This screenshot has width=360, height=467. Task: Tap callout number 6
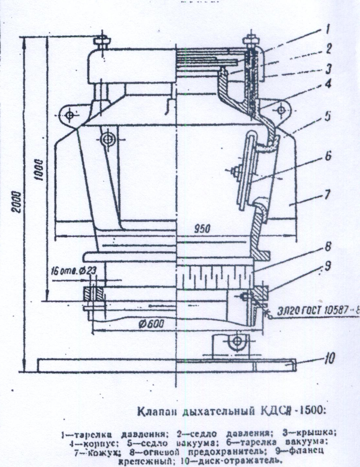(328, 156)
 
